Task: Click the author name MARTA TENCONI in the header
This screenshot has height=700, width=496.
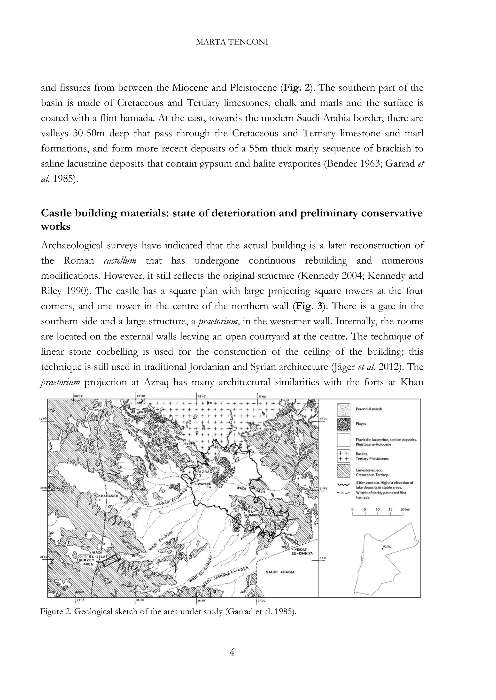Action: pyautogui.click(x=232, y=42)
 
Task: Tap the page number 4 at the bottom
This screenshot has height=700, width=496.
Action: pyautogui.click(x=232, y=652)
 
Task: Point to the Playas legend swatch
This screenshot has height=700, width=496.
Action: pyautogui.click(x=343, y=424)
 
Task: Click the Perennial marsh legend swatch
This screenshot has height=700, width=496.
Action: pyautogui.click(x=343, y=409)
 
